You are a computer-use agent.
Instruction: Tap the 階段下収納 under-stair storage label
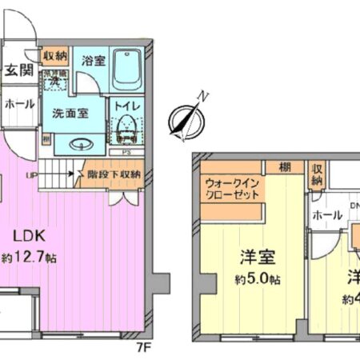114,174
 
